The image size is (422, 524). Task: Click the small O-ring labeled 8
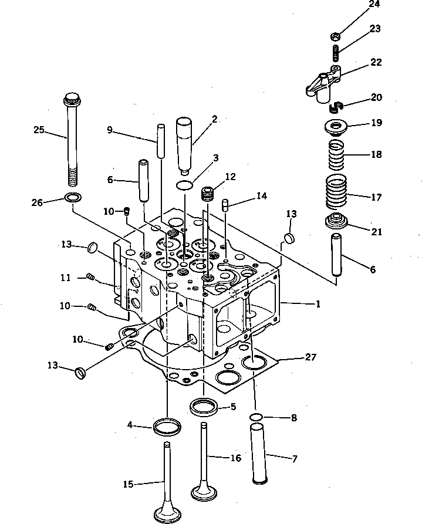point(255,417)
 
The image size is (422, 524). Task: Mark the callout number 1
point(318,305)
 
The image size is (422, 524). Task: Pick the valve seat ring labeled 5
point(204,406)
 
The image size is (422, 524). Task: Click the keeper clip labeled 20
point(335,106)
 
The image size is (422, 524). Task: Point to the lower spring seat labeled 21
point(337,224)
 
